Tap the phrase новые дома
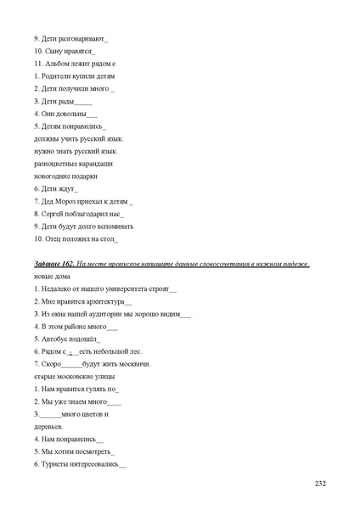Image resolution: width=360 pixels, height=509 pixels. pyautogui.click(x=52, y=277)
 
